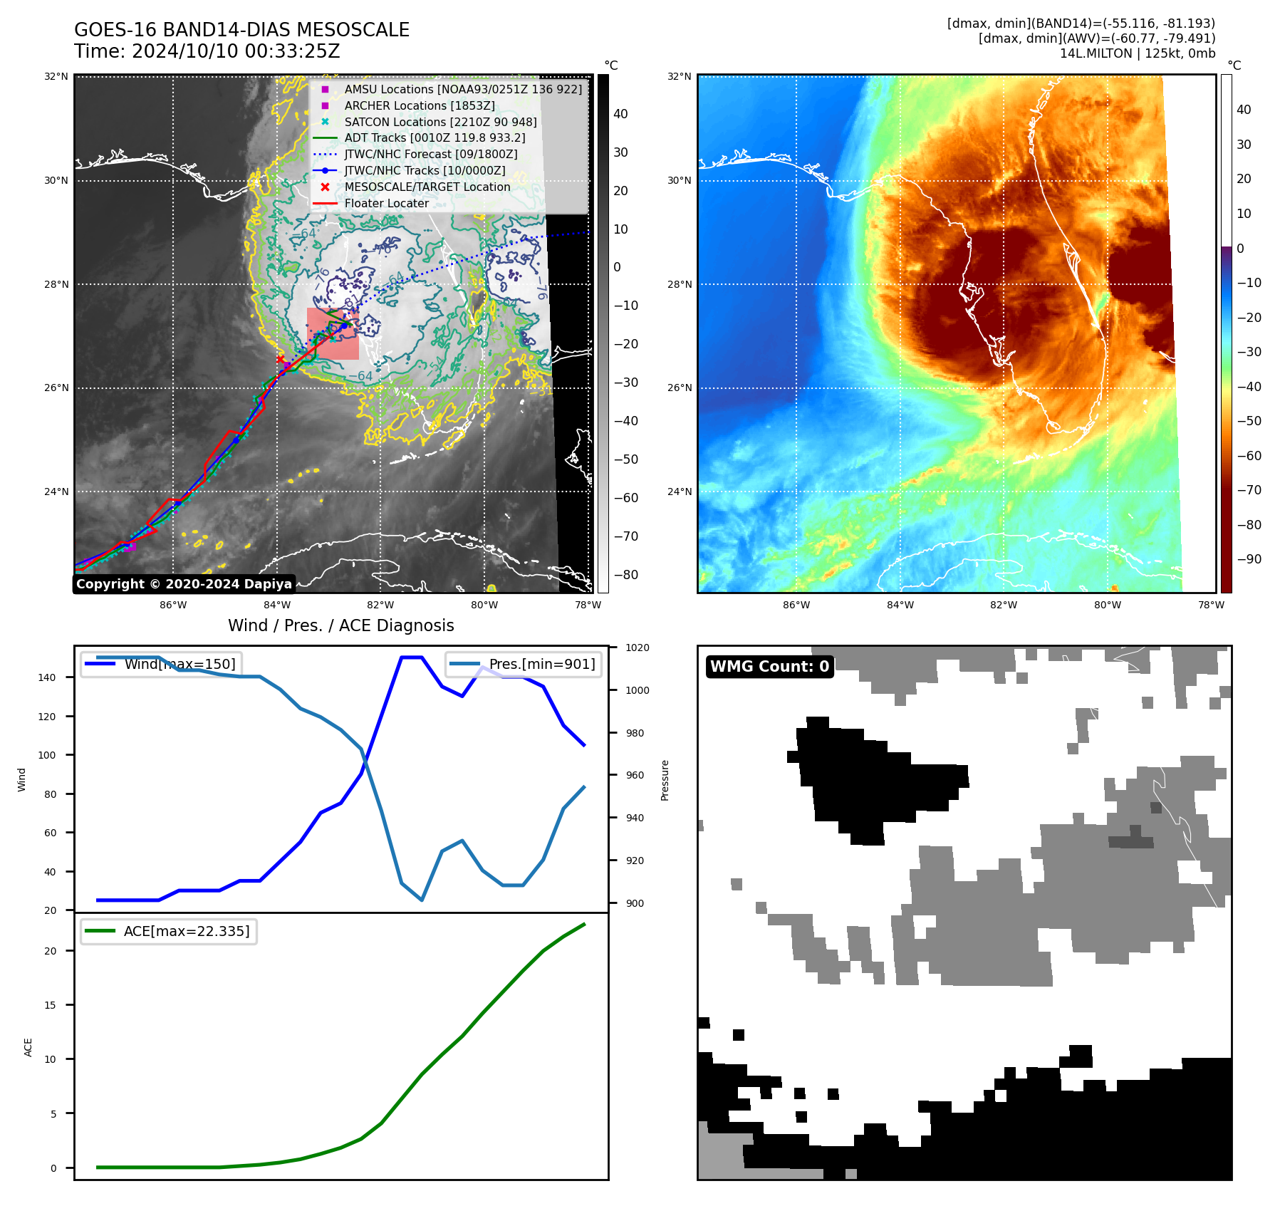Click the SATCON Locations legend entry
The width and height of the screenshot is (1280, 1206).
click(440, 122)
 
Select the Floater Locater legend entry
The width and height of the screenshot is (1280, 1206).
click(386, 203)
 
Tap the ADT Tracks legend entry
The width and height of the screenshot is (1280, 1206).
click(435, 137)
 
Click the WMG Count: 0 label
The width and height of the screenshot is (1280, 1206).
click(769, 666)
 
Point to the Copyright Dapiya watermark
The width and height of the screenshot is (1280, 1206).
click(184, 584)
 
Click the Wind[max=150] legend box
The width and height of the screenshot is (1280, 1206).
click(161, 664)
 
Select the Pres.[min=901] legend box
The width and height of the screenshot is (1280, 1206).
click(524, 664)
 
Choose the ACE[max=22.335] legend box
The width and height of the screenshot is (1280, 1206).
click(169, 931)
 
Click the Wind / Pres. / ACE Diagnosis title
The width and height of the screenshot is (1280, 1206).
click(340, 625)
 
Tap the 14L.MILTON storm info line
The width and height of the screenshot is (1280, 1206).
click(1137, 53)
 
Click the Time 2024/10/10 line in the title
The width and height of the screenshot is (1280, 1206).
click(207, 51)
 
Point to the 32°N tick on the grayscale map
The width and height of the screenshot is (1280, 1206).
click(57, 76)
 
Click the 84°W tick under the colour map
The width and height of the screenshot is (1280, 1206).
click(900, 605)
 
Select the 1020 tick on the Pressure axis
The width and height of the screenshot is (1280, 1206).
click(637, 648)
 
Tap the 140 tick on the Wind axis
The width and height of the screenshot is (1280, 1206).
click(47, 677)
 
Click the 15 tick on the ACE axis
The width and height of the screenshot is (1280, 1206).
click(51, 1005)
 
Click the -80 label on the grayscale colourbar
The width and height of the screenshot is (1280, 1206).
click(626, 575)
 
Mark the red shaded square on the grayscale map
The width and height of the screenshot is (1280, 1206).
click(333, 333)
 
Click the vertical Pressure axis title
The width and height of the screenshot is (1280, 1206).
click(665, 780)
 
